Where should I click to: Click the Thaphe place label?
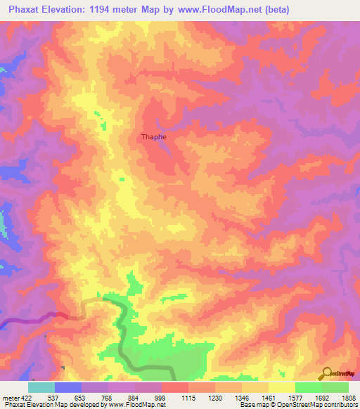coord(154,137)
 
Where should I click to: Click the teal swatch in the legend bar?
coord(41,387)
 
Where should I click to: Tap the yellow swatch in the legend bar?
coord(281,387)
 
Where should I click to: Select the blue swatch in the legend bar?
coord(68,387)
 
